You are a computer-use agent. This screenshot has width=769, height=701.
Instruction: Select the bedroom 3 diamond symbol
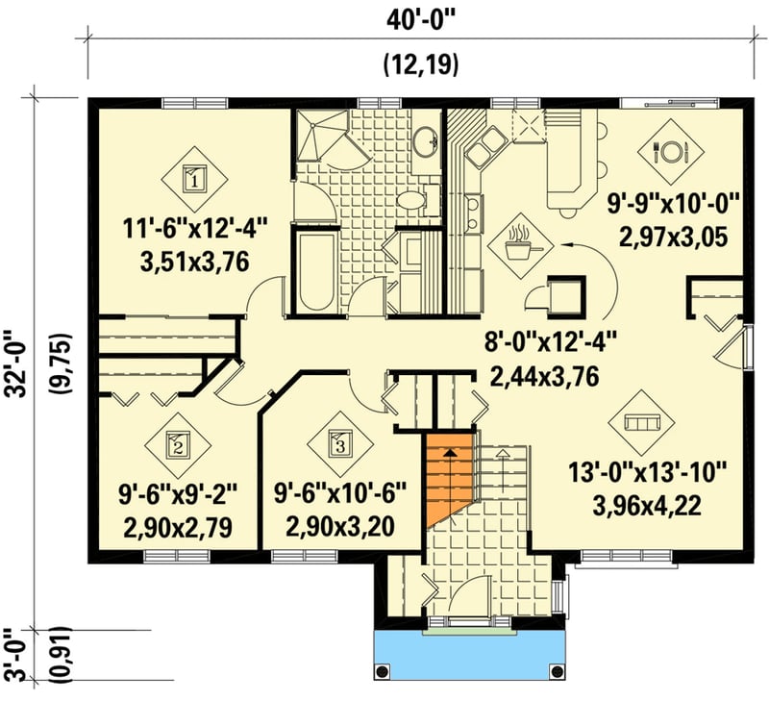coord(338,444)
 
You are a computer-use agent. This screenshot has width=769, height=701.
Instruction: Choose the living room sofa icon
coord(636,422)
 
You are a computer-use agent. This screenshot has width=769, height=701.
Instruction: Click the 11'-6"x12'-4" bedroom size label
coord(195,230)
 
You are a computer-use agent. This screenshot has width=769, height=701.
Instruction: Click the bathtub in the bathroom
coord(314,269)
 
